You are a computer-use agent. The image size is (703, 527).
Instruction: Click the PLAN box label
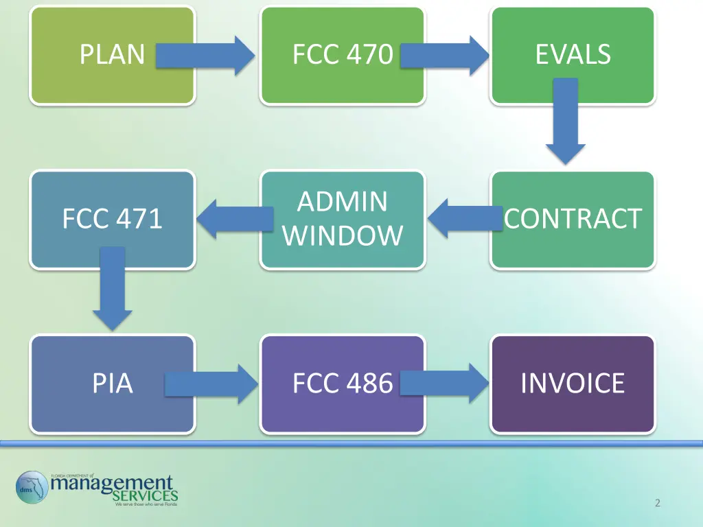[x=112, y=54]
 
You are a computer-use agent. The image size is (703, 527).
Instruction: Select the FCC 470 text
[x=342, y=54]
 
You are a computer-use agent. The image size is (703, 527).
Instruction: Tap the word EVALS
[x=573, y=54]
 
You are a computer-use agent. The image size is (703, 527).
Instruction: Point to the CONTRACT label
[x=573, y=219]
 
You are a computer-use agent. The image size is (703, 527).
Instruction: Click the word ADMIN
[x=342, y=202]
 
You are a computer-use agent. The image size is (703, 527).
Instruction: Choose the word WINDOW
[x=342, y=236]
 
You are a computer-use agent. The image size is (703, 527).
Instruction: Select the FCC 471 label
[x=112, y=219]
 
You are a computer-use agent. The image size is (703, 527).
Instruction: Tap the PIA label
[x=112, y=383]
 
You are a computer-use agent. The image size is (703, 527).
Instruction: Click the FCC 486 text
[x=342, y=383]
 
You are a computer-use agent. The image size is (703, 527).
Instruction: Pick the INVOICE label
[x=573, y=383]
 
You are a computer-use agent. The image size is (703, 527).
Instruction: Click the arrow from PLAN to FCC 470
[x=205, y=56]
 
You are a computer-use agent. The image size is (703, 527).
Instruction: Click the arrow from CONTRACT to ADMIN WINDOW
[x=463, y=218]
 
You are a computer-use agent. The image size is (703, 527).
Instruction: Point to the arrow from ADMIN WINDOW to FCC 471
[x=233, y=218]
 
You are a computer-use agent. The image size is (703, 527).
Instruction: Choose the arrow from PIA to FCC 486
[x=209, y=384]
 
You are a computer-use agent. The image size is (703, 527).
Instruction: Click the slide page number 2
[x=657, y=504]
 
